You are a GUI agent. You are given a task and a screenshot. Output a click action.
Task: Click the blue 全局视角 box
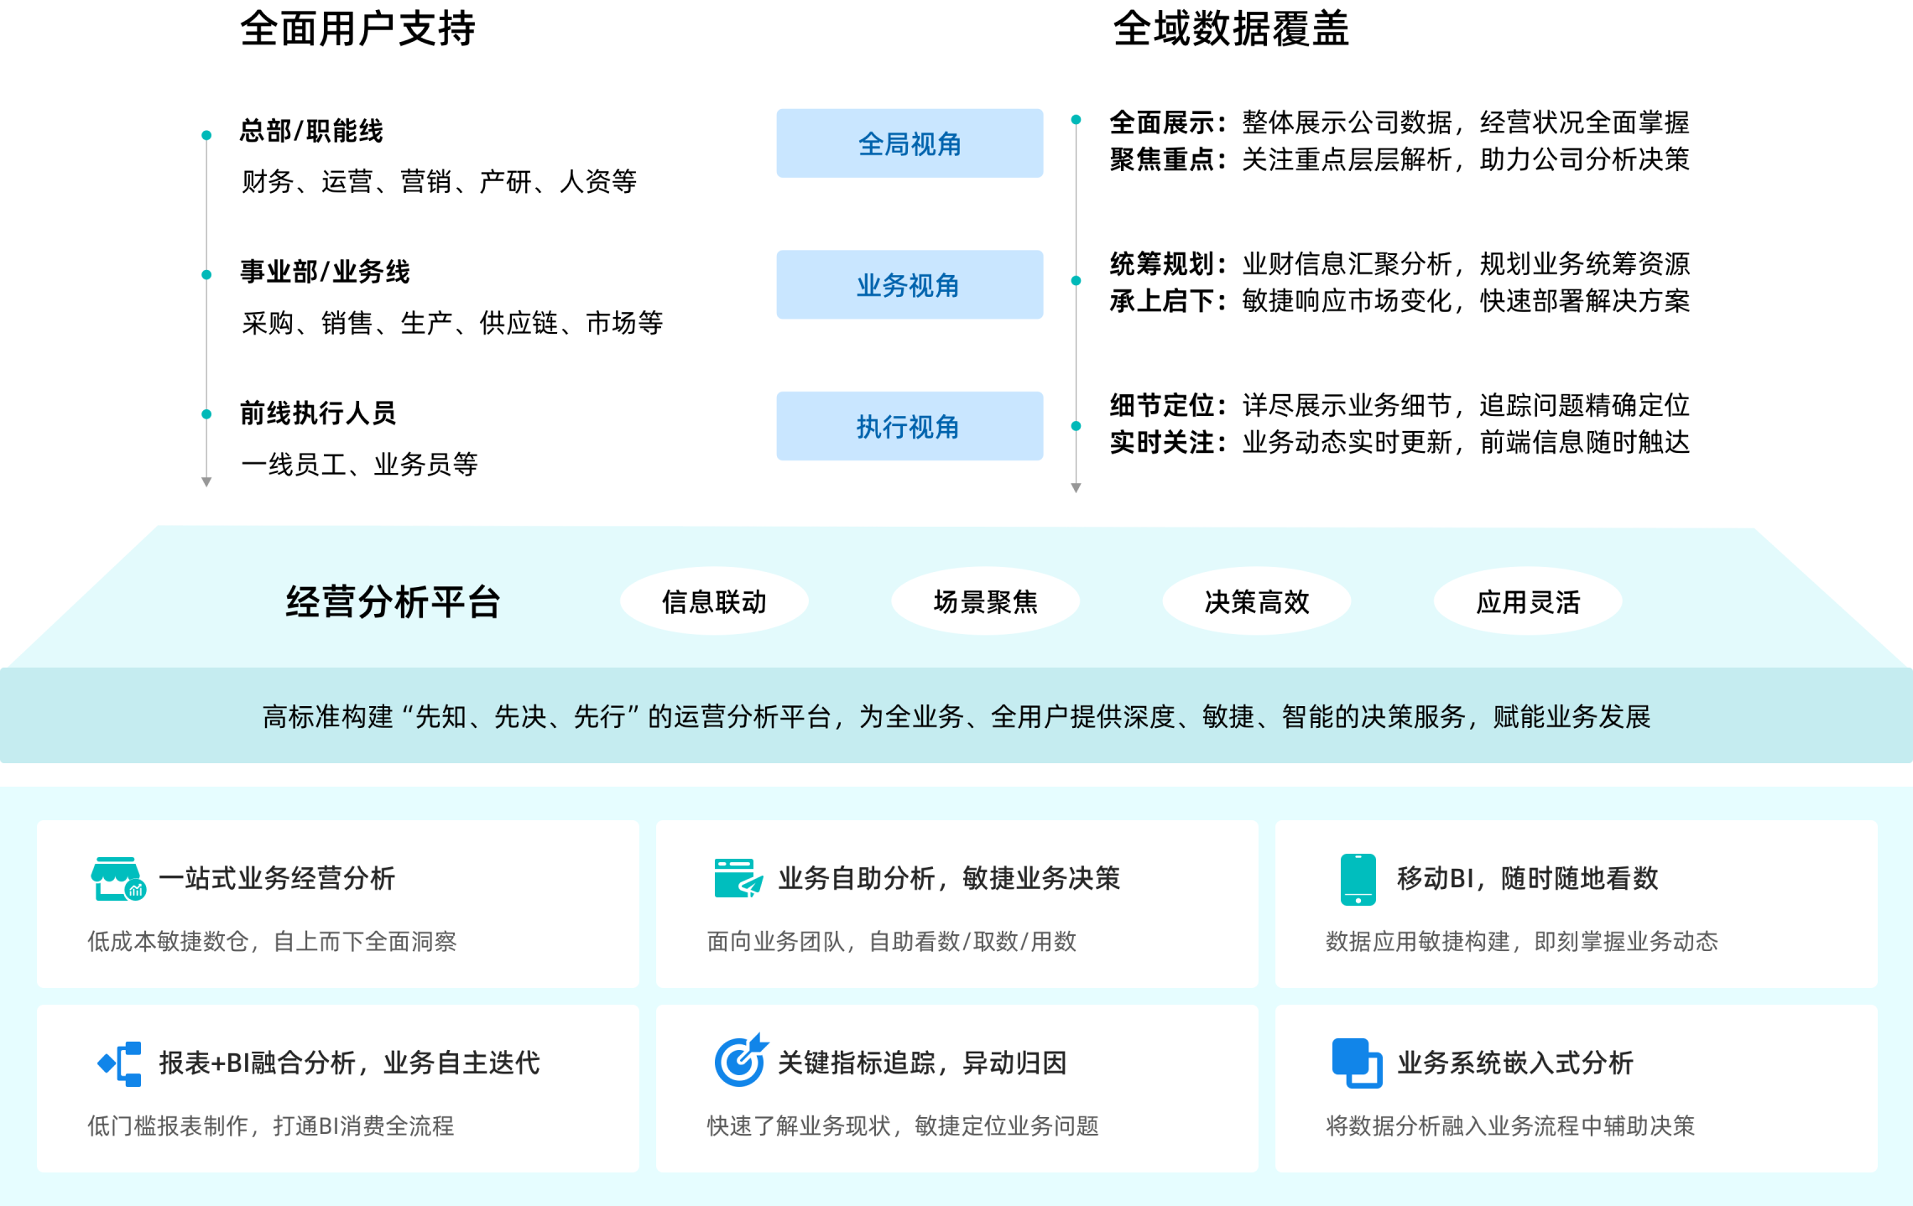(910, 143)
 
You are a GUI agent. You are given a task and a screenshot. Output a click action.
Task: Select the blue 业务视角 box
(910, 285)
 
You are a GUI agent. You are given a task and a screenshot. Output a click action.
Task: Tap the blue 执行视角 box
(910, 426)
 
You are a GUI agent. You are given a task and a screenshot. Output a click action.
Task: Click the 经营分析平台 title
(393, 601)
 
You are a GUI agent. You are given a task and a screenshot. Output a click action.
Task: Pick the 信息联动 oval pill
(714, 601)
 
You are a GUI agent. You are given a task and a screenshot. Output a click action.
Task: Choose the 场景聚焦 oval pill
(985, 601)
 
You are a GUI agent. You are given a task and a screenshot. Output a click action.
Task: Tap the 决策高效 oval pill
(1256, 601)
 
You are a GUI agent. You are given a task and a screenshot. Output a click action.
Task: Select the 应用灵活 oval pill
(1527, 601)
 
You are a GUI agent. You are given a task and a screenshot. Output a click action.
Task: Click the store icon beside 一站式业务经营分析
(117, 878)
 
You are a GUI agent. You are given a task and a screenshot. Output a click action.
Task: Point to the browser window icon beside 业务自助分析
(738, 878)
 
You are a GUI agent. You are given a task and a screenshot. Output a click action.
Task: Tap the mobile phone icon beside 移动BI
(1358, 879)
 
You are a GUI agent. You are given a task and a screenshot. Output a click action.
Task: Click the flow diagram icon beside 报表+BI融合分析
(120, 1063)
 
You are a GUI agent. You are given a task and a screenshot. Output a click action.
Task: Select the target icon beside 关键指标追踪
(740, 1061)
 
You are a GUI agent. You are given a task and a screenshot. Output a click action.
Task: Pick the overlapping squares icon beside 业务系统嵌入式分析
(1357, 1063)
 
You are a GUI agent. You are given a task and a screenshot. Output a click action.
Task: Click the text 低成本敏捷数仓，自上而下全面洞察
(272, 941)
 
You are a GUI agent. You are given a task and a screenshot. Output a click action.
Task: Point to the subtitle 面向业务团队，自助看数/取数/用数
(891, 941)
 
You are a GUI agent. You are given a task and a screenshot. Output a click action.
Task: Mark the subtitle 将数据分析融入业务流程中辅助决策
(1510, 1125)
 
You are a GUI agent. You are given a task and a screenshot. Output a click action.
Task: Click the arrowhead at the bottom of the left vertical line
(206, 482)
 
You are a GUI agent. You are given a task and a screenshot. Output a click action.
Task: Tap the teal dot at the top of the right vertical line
(1076, 120)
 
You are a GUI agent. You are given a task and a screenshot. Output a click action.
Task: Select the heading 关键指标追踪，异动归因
(921, 1063)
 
